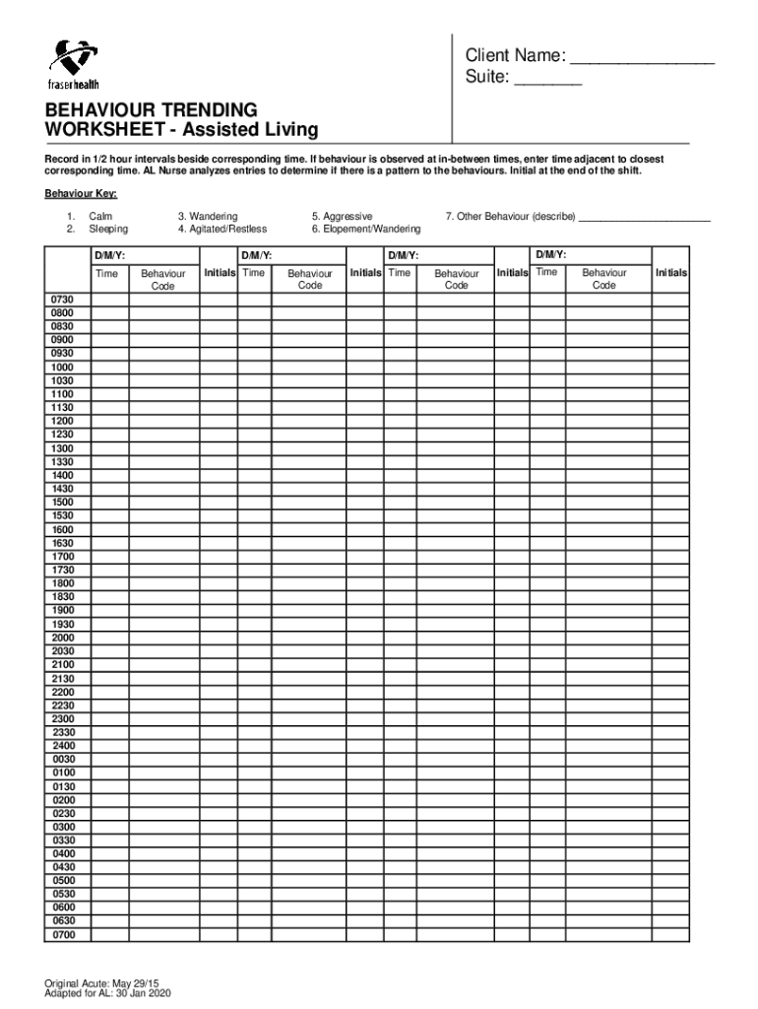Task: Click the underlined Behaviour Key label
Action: coord(74,194)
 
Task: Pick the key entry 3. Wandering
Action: coord(207,216)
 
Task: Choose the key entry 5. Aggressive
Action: coord(342,216)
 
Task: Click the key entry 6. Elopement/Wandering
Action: coord(365,230)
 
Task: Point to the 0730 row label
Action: coord(63,300)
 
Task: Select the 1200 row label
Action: coord(63,421)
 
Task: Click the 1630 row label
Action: coord(63,542)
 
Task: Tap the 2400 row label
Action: coord(63,746)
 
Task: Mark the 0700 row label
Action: coord(63,934)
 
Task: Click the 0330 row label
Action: coord(63,840)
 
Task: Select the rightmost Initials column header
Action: coord(670,273)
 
